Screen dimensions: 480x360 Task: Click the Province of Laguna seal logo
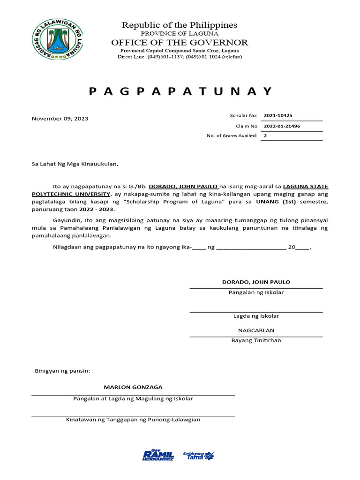55,41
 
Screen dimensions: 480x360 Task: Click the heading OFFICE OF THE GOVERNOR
180,43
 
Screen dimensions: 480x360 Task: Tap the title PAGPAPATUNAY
180,91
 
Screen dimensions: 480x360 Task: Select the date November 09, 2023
60,119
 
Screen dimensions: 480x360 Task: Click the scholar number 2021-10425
278,115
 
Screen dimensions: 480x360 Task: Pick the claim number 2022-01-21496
282,126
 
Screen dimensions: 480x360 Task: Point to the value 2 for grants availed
265,135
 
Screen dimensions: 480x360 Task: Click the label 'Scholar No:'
244,115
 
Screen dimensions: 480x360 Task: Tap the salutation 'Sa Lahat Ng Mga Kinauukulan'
75,164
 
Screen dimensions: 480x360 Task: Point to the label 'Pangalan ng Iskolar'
256,292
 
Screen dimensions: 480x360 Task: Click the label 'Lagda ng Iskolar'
256,316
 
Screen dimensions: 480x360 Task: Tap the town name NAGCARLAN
256,330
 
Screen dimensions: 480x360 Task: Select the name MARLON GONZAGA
133,387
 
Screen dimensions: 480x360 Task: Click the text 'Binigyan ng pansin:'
62,371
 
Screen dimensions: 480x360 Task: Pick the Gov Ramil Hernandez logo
158,455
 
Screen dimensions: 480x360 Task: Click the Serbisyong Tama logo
199,455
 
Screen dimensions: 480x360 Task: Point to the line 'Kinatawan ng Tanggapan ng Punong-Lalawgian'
133,420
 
